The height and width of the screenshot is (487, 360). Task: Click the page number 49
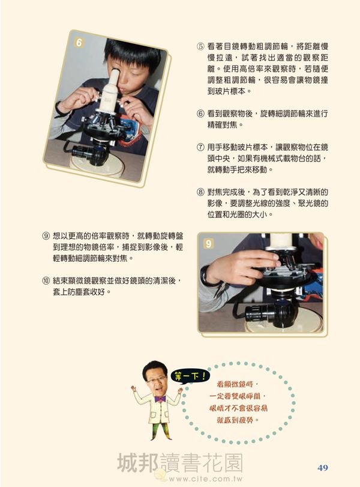coord(323,467)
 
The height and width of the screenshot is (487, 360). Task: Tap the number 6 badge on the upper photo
coord(79,42)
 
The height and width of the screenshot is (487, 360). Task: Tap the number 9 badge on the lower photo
coord(209,244)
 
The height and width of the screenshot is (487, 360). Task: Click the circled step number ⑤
coord(200,47)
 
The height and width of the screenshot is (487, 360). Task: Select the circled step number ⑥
coord(200,113)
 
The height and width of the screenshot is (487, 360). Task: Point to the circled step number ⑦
coord(200,147)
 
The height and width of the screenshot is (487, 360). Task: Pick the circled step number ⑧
coord(200,192)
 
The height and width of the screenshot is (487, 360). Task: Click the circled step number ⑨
coord(46,236)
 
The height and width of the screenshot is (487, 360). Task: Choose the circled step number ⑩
coord(46,281)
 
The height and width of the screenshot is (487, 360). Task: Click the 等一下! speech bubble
coord(190,377)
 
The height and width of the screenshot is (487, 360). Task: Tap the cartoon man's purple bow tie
coord(160,399)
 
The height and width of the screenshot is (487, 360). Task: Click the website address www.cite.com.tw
coord(205,479)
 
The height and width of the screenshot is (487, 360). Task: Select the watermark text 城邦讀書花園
coord(179,463)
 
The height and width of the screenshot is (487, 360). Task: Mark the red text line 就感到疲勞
coord(238,420)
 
